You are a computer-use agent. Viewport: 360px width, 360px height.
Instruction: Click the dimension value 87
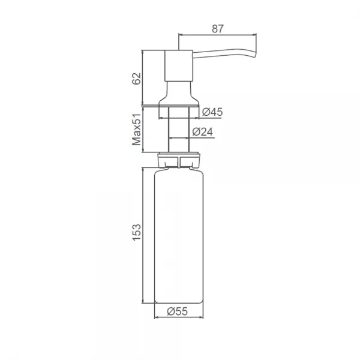click(218, 27)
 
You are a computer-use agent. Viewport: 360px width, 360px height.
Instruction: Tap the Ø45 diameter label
click(212, 112)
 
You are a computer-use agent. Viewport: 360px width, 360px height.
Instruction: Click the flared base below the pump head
click(178, 95)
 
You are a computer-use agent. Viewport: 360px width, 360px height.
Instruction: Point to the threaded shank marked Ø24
click(178, 129)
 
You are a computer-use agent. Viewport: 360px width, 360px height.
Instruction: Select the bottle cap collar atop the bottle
click(179, 160)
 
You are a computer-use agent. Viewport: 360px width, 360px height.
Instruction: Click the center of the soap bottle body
click(179, 234)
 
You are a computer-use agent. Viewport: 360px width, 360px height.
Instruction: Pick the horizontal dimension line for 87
click(218, 35)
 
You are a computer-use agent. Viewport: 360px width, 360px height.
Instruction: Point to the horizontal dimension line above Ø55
click(179, 317)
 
